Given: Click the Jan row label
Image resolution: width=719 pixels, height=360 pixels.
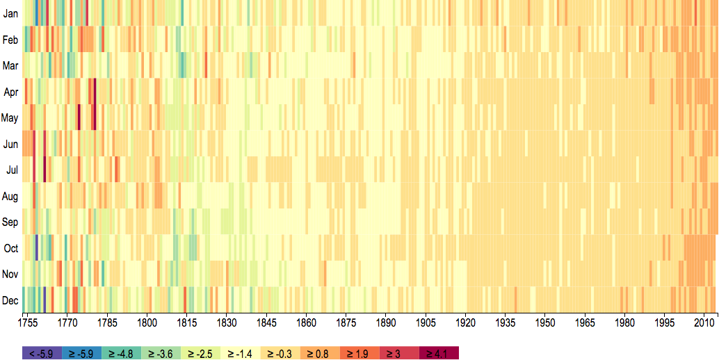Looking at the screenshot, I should (10, 13).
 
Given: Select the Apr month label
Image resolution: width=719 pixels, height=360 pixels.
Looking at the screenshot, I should (10, 92).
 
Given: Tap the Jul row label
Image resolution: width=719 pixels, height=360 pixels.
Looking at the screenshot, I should (11, 170).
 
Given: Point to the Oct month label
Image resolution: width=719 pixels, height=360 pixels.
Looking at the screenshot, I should (10, 248).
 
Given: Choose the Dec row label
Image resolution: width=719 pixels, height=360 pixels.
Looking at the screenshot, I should (10, 300).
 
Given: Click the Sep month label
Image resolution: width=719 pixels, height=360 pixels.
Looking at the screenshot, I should (10, 222).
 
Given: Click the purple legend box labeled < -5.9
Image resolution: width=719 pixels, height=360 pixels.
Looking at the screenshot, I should (42, 353).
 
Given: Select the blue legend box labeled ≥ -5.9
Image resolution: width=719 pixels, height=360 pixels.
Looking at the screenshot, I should (81, 353).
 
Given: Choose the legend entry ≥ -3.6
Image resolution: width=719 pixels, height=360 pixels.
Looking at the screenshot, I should (161, 353).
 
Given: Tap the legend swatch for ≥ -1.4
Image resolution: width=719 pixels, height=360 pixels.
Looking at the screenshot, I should (241, 353).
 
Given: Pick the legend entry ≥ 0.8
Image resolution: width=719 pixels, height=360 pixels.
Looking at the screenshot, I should (320, 353).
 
